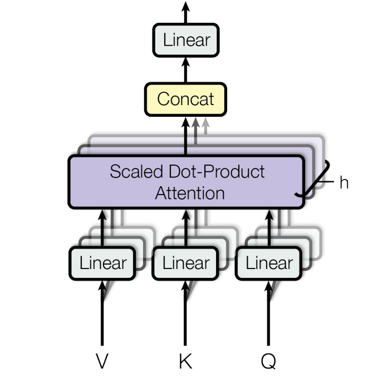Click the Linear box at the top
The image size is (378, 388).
point(186,41)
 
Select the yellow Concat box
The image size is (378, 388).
point(186,99)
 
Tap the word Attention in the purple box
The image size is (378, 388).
point(190,193)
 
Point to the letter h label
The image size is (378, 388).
point(344,183)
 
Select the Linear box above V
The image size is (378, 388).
point(103,263)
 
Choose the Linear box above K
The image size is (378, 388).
point(186,263)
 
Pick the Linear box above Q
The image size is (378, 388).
point(269,263)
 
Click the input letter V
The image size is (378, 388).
point(102,361)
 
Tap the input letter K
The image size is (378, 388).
point(186,361)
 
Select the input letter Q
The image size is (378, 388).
point(268,361)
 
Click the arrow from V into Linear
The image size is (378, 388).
point(102,311)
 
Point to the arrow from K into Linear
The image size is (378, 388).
point(186,311)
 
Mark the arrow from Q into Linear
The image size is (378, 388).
point(269,311)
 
